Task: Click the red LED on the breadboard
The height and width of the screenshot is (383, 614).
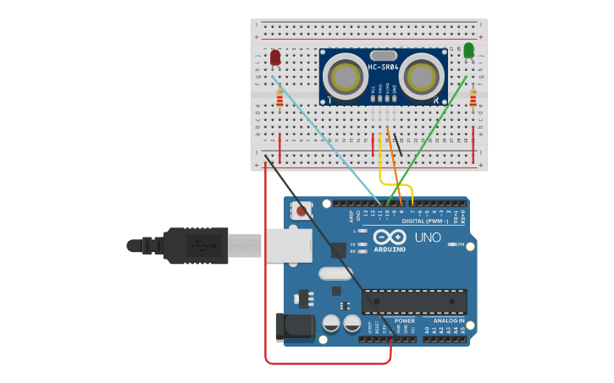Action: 275,57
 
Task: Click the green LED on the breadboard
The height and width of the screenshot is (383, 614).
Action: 469,51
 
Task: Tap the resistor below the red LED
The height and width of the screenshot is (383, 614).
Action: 279,100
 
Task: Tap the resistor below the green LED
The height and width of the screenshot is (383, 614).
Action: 473,100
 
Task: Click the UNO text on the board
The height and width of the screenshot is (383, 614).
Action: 428,238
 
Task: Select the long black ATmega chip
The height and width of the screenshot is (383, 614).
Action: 414,302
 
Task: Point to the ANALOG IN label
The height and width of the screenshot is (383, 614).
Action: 449,321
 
